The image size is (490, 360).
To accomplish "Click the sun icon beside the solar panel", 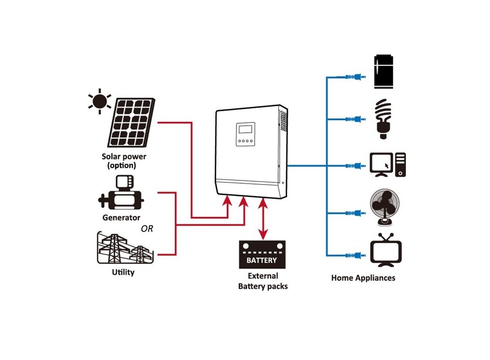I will click(x=100, y=102).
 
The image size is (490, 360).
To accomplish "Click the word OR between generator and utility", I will click(x=146, y=228).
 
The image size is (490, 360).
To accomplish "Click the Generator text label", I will click(x=121, y=218).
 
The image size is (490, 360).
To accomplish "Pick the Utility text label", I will click(x=123, y=272).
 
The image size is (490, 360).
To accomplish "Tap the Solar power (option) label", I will click(x=123, y=161).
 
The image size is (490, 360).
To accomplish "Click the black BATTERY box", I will click(x=262, y=255).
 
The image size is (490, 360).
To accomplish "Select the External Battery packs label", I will click(x=262, y=281).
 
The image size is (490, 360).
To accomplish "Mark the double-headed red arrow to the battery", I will click(x=263, y=218).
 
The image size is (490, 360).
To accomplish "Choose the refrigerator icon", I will click(x=384, y=72).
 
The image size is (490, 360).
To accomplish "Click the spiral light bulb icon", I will click(x=384, y=119).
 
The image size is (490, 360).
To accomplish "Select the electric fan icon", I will click(x=385, y=207).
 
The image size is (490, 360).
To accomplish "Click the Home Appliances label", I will click(x=363, y=278).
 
